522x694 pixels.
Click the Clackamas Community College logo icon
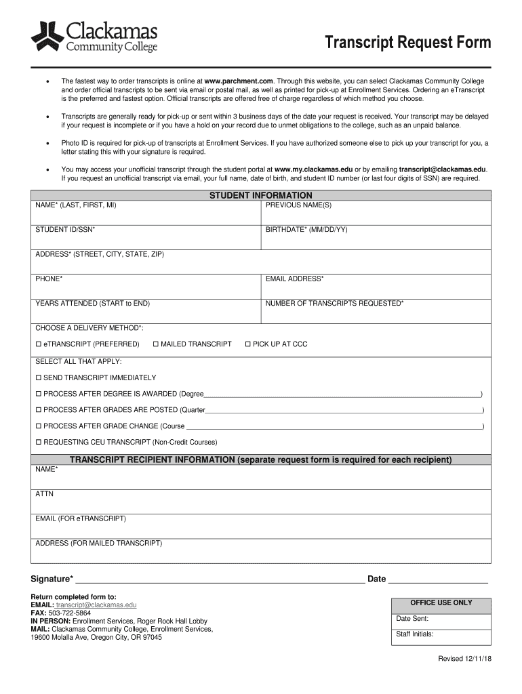(x=47, y=37)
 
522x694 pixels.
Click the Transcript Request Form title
(x=407, y=43)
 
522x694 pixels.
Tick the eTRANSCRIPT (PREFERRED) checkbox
(x=39, y=344)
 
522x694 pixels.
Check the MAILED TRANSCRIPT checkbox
(x=156, y=344)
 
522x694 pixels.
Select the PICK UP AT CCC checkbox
(x=248, y=344)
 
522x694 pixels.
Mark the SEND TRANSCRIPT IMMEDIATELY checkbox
(x=39, y=377)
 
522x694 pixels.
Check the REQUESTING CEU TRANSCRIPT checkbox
(x=39, y=442)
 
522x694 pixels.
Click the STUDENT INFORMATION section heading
(x=261, y=195)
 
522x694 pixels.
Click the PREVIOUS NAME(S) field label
(x=298, y=205)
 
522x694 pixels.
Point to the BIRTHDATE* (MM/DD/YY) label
(x=306, y=230)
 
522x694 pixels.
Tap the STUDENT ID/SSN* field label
(x=65, y=230)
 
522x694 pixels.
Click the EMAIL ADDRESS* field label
(x=294, y=279)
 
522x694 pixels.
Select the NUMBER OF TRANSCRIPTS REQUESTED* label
(x=334, y=303)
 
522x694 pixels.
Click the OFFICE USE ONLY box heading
(x=441, y=603)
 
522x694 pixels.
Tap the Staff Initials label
(x=415, y=635)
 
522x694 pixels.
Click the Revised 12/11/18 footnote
(x=464, y=659)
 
